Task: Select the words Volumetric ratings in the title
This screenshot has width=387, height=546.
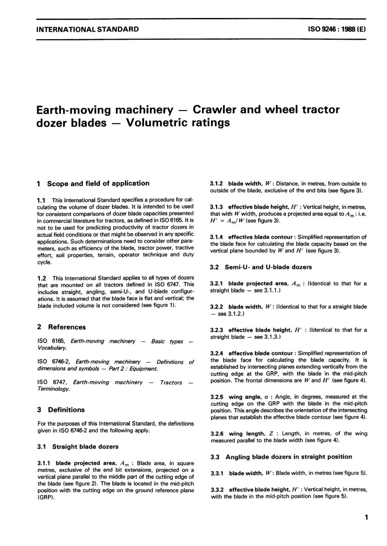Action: [x=178, y=123]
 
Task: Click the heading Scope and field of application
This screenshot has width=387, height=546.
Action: [x=98, y=183]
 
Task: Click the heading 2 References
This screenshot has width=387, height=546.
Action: [x=62, y=327]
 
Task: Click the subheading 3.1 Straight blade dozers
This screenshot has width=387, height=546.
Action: [x=78, y=447]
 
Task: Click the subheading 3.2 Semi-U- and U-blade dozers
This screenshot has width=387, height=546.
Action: [x=261, y=267]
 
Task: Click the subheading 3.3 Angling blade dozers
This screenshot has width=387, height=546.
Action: [x=281, y=457]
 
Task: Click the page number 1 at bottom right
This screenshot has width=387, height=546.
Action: [x=366, y=518]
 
